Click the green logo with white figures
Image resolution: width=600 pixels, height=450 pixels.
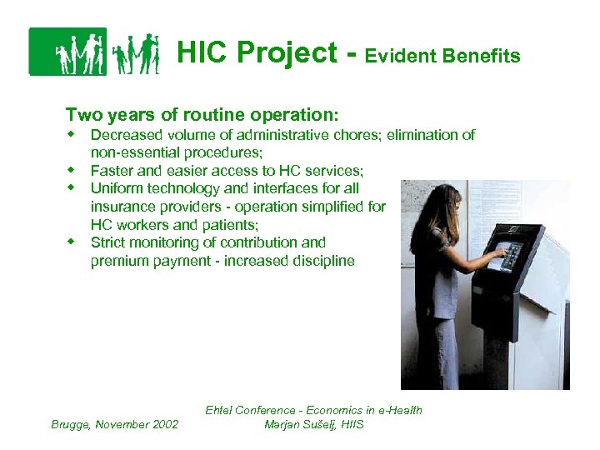[x=67, y=52]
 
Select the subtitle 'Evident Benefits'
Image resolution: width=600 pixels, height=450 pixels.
[x=442, y=56]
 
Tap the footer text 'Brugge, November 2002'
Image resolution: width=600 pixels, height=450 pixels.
[x=115, y=424]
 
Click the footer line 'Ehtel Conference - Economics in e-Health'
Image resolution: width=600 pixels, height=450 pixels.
[x=313, y=410]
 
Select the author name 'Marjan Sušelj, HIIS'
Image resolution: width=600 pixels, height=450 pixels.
[x=313, y=424]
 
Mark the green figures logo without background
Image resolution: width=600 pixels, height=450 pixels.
[x=135, y=53]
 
